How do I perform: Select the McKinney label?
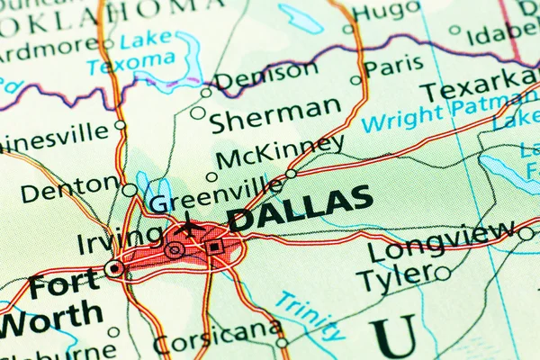(x=279, y=151)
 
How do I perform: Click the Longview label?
(x=442, y=242)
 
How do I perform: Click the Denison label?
(x=265, y=76)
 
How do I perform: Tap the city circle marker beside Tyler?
(x=442, y=273)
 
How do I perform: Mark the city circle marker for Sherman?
(x=197, y=112)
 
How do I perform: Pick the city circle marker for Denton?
(x=130, y=190)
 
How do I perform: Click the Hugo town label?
(x=385, y=11)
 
